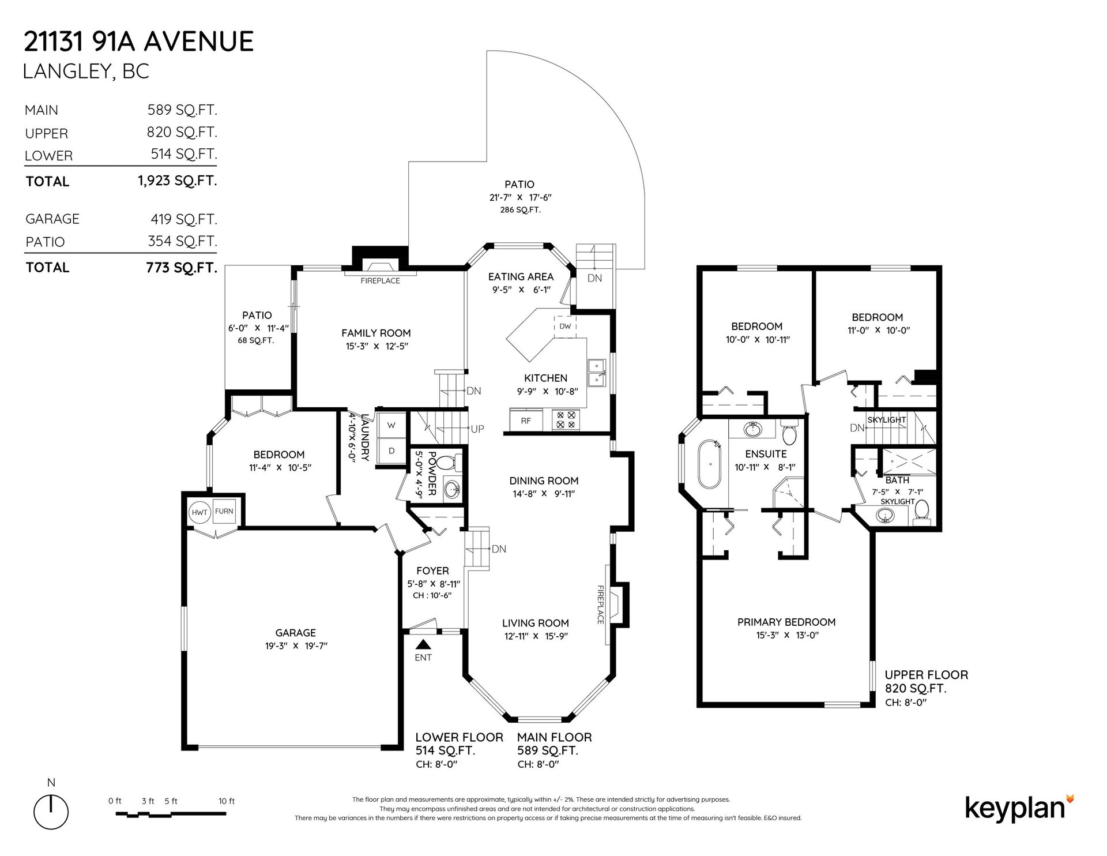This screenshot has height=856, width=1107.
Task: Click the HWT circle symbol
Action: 200,512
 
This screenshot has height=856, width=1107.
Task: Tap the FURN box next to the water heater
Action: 224,511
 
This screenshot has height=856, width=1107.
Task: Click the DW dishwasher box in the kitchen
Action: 565,326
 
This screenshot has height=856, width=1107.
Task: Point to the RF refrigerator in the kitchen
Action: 526,421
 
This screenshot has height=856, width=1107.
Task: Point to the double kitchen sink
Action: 596,373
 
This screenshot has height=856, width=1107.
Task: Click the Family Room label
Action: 376,333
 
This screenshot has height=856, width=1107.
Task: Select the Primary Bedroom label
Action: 786,622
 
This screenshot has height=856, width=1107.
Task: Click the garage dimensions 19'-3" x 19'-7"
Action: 292,646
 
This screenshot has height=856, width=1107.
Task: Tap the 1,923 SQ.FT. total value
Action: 178,181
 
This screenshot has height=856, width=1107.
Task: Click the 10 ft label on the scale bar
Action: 227,801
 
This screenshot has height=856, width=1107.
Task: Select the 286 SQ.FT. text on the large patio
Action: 520,210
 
